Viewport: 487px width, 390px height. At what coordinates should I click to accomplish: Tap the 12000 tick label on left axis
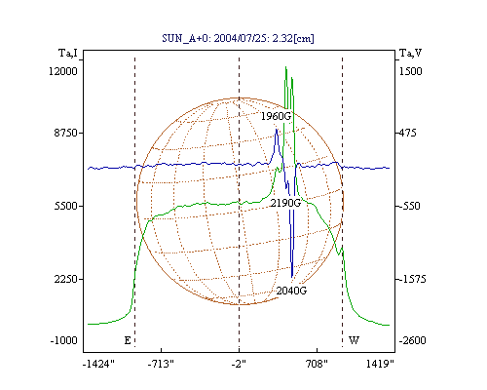63,71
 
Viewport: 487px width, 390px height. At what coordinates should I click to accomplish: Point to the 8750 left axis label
66,133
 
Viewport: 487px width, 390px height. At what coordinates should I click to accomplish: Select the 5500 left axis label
66,206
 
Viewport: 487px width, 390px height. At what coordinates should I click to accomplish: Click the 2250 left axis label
66,279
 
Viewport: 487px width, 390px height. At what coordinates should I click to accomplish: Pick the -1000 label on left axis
63,340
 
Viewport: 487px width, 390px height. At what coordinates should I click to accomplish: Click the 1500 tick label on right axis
410,71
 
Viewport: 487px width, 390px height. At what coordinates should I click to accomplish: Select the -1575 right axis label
412,279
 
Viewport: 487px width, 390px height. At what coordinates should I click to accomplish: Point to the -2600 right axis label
412,340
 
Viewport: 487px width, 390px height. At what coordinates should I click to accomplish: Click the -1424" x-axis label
98,364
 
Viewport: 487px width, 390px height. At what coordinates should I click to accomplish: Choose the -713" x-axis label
161,364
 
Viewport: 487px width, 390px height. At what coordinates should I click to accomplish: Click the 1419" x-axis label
380,364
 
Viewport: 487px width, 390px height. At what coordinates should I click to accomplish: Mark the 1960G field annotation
276,116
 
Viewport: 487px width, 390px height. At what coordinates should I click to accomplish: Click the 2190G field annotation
285,203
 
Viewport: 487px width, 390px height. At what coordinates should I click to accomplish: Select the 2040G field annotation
291,291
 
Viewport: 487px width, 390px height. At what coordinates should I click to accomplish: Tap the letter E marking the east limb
128,340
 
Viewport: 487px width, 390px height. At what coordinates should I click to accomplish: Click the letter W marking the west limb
354,340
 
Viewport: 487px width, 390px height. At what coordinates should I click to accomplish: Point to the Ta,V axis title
410,53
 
